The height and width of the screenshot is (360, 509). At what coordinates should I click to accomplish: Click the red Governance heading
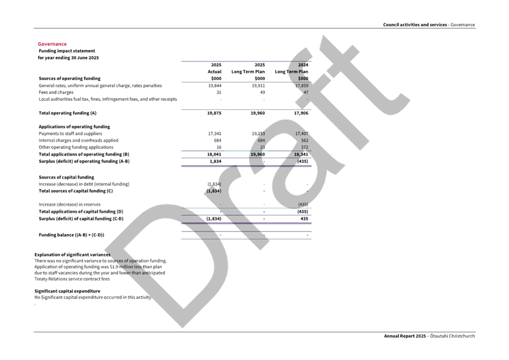tap(52, 44)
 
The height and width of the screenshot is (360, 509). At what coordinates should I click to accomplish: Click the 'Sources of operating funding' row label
tap(69, 78)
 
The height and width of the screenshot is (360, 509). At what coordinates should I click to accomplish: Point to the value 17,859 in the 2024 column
tap(301, 86)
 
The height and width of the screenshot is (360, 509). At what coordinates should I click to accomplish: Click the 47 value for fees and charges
tap(305, 93)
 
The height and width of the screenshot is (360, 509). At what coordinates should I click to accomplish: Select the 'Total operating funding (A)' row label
tap(67, 113)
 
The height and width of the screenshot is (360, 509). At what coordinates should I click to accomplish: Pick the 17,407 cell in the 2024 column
tap(301, 133)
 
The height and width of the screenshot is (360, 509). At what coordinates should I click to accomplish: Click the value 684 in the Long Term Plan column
tap(260, 140)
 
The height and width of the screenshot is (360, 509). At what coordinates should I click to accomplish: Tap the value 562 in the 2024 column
tap(304, 140)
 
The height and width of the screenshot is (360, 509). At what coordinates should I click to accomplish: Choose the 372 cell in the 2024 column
tap(304, 147)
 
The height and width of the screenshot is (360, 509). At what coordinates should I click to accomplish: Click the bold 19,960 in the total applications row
tap(256, 154)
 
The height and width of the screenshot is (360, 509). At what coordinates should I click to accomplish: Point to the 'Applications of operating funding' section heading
tap(74, 126)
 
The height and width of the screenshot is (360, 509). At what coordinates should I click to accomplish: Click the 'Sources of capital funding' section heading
tap(66, 178)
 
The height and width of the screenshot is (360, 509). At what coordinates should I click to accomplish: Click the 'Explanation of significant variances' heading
tap(72, 254)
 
